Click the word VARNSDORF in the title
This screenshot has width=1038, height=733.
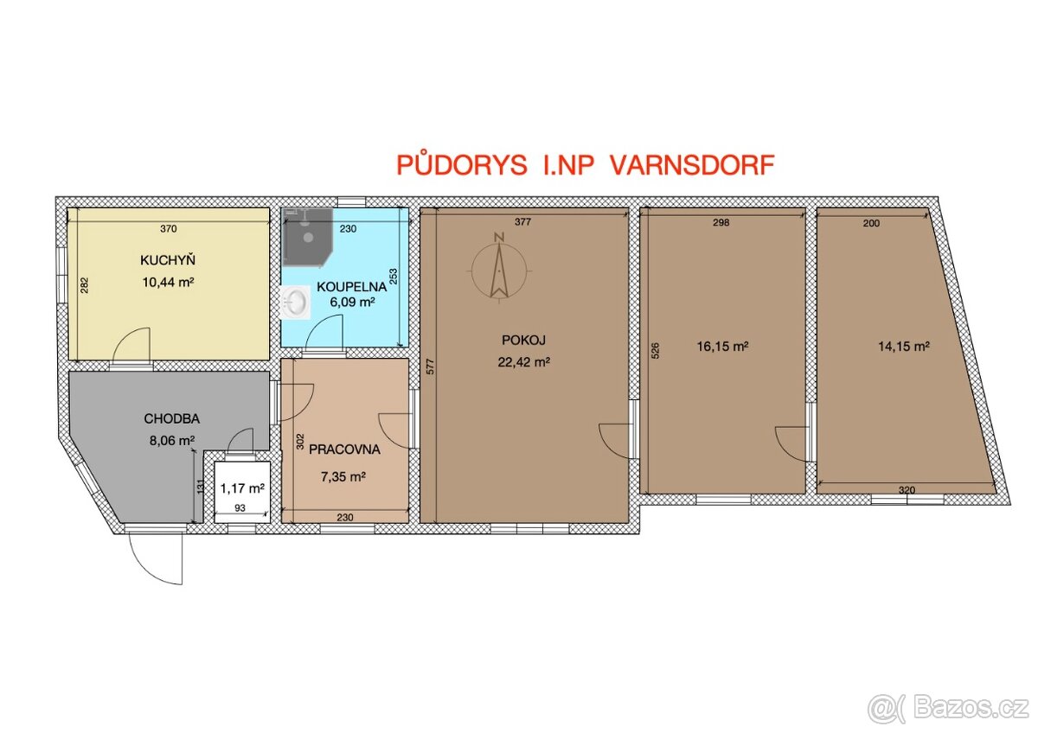point(693,166)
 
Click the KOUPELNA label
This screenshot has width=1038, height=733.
point(345,286)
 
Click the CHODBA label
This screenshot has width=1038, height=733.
point(171,418)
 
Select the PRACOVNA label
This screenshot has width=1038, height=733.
point(343,449)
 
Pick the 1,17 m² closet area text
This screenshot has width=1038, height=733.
point(241,488)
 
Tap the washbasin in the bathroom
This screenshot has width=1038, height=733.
point(298,303)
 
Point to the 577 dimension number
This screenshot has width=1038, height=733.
point(429,367)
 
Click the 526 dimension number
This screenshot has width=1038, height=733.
point(655,350)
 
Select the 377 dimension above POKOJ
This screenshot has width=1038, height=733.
point(522,222)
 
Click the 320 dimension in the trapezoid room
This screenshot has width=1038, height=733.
point(906,490)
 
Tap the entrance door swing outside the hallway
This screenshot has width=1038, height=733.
point(157,558)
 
